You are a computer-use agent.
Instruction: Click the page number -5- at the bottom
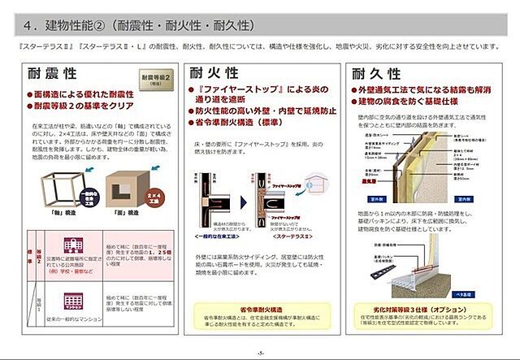pyautogui.click(x=260, y=352)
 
